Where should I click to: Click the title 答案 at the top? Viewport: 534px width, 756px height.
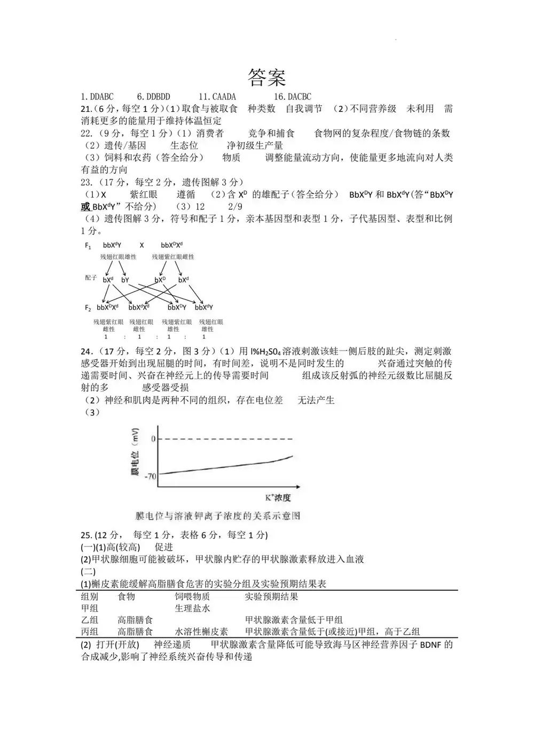point(266,78)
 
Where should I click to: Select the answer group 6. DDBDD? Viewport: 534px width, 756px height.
point(153,97)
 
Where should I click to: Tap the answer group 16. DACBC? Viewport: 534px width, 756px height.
point(292,97)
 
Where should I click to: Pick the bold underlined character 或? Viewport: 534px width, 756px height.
point(85,207)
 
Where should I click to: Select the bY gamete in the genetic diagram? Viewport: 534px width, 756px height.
point(125,280)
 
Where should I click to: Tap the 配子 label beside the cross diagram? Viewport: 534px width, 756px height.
point(91,278)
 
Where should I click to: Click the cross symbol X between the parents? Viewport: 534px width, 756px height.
point(142,245)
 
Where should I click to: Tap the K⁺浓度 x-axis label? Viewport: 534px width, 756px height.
point(278,498)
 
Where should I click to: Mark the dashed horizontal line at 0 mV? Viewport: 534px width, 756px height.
point(224,439)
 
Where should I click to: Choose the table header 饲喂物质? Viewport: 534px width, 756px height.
point(192,597)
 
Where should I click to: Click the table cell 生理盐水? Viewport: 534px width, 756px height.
point(192,608)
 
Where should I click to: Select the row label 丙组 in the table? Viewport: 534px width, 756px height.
point(90,632)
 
